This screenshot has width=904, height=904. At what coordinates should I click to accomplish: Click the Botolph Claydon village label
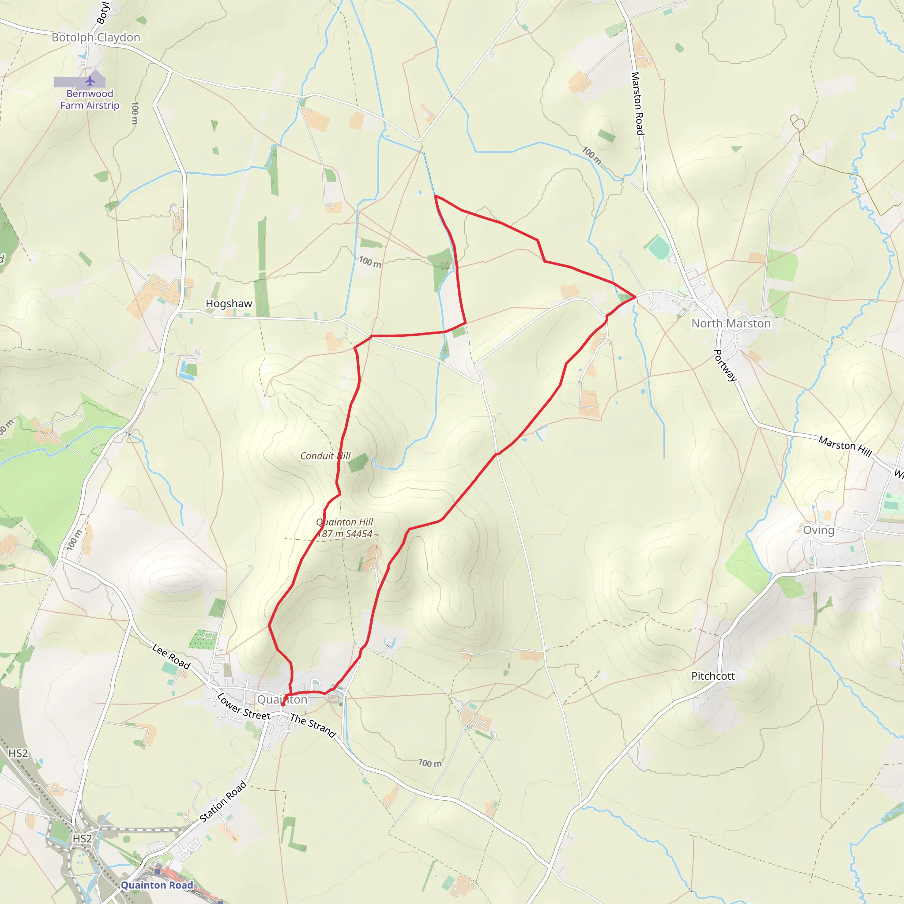tap(96, 38)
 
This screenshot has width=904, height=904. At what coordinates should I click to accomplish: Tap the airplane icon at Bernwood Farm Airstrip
tap(90, 81)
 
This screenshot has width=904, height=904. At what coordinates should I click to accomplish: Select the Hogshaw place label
tap(229, 304)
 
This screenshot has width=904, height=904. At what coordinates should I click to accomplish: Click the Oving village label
tap(818, 530)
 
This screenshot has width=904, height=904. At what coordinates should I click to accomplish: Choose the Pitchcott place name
tap(712, 676)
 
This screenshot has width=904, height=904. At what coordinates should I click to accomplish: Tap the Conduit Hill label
tap(325, 456)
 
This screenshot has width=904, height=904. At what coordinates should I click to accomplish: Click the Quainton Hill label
tap(344, 522)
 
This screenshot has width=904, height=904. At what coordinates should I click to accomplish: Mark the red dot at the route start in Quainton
tap(282, 704)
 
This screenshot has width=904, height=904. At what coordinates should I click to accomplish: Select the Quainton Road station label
tap(157, 885)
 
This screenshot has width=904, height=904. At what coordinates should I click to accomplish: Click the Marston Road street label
tap(637, 103)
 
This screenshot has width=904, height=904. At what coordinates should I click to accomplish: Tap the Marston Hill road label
tap(845, 446)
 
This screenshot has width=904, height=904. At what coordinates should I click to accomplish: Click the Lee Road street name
tap(171, 656)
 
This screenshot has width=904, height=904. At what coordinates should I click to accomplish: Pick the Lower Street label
tap(243, 707)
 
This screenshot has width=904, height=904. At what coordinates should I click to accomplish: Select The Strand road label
tap(313, 725)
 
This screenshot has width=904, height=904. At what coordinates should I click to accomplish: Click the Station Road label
tap(223, 802)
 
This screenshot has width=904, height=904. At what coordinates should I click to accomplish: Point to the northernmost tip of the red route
tap(435, 196)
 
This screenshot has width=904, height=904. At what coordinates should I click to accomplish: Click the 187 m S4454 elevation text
tap(345, 534)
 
